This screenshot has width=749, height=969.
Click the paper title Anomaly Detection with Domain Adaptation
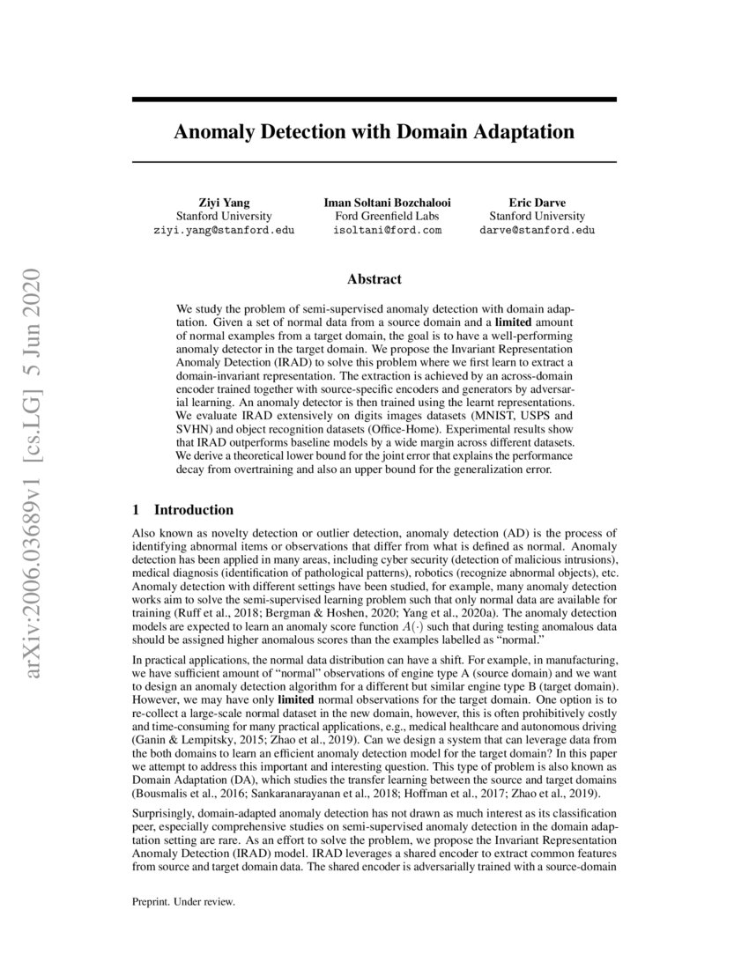pos(374,132)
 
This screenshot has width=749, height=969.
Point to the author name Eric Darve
pos(537,201)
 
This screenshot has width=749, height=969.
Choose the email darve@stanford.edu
pos(537,230)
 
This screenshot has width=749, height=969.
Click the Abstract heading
pos(374,279)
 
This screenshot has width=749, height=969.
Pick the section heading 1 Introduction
pos(182,510)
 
